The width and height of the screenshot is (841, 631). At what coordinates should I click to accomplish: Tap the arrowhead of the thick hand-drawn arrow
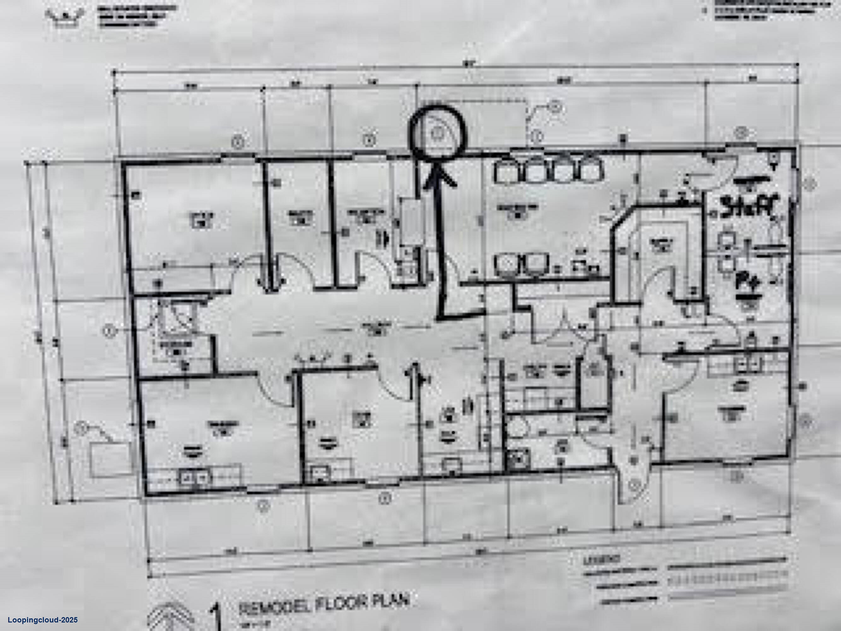click(440, 177)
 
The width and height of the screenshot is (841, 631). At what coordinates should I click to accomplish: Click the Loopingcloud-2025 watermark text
click(43, 620)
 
